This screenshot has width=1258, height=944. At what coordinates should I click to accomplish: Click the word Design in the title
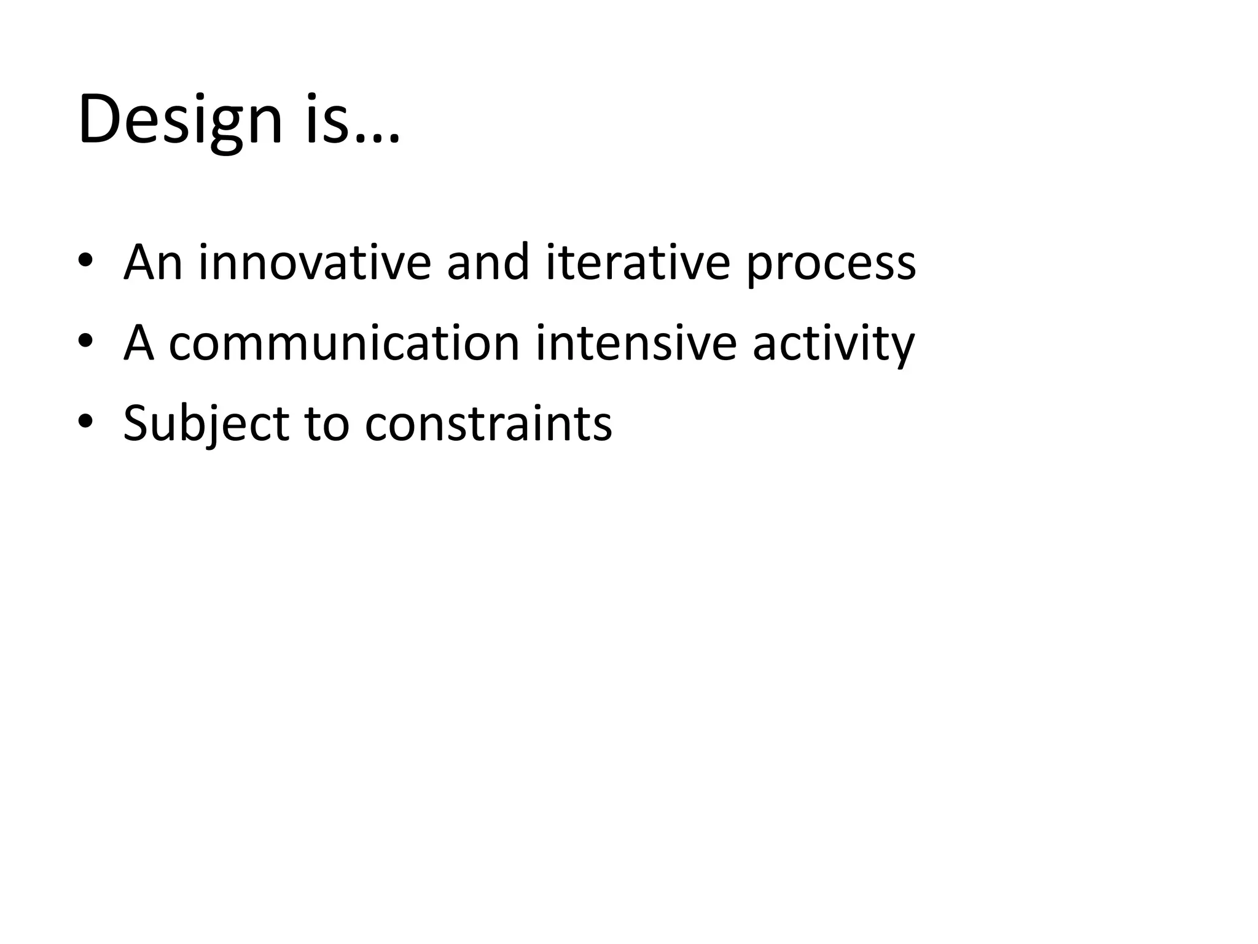coord(179,120)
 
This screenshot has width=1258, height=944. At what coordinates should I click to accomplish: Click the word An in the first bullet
coord(153,263)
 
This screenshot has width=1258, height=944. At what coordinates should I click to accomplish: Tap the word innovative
coord(314,263)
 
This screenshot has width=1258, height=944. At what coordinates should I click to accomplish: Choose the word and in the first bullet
coord(488,263)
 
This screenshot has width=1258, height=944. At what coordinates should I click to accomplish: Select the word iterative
coord(638,263)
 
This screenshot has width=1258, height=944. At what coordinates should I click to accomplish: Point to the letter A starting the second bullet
coord(139,343)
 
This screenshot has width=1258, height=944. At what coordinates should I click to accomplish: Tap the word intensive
coord(636,343)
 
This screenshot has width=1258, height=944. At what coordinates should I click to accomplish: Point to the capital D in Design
coord(101,120)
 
